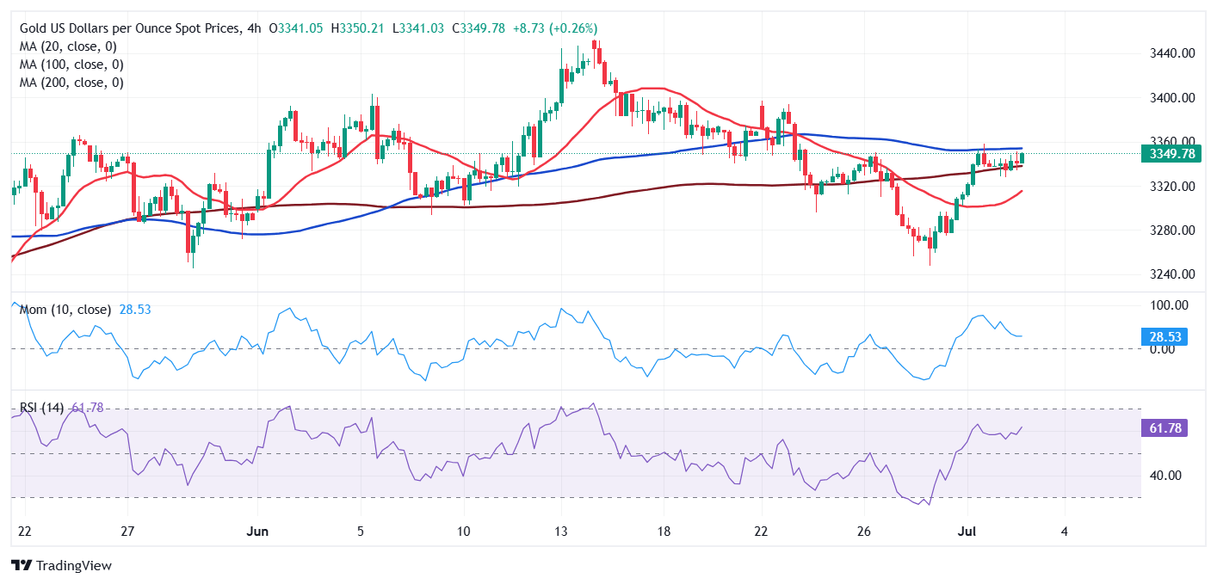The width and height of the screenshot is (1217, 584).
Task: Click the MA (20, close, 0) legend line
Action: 68,46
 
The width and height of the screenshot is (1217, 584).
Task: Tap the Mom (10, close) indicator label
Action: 65,309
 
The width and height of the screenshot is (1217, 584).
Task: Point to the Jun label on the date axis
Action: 257,531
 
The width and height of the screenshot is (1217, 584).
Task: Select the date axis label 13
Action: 560,531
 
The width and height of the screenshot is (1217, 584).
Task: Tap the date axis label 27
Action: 127,531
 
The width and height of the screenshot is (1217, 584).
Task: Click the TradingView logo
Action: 61,565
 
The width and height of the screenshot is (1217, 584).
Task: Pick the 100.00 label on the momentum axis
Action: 1171,305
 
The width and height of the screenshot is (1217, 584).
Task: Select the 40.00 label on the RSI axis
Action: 1171,476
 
